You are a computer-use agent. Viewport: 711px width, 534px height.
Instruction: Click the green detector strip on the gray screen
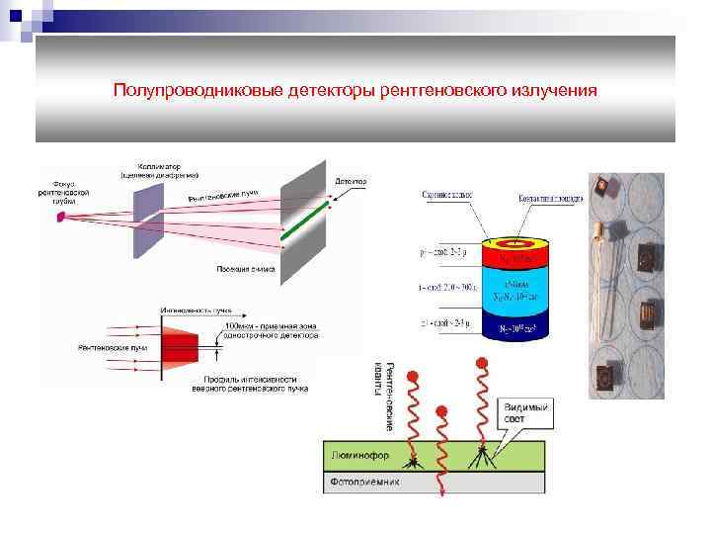[305, 221]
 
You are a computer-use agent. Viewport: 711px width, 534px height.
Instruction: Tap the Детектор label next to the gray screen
[351, 182]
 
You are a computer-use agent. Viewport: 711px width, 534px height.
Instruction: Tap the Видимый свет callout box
[528, 412]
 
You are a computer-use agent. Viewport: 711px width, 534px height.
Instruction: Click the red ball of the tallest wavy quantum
[483, 362]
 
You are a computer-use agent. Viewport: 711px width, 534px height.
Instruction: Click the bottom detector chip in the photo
[604, 379]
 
